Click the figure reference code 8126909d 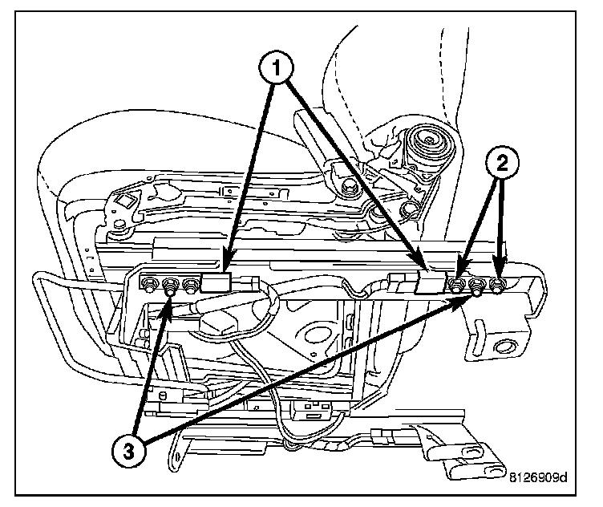coord(538,478)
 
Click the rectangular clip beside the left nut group coord(217,282)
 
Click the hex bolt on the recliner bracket coord(347,188)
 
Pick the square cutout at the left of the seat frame coord(126,201)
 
